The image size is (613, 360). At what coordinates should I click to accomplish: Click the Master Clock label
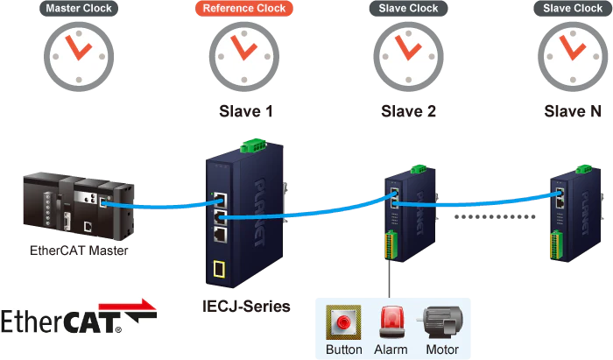73,10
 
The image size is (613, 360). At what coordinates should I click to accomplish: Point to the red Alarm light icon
391,321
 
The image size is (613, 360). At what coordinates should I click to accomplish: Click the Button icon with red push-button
343,321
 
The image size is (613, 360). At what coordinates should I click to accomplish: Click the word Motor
441,349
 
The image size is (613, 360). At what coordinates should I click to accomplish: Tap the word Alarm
391,349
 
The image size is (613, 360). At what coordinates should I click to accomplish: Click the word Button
343,349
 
